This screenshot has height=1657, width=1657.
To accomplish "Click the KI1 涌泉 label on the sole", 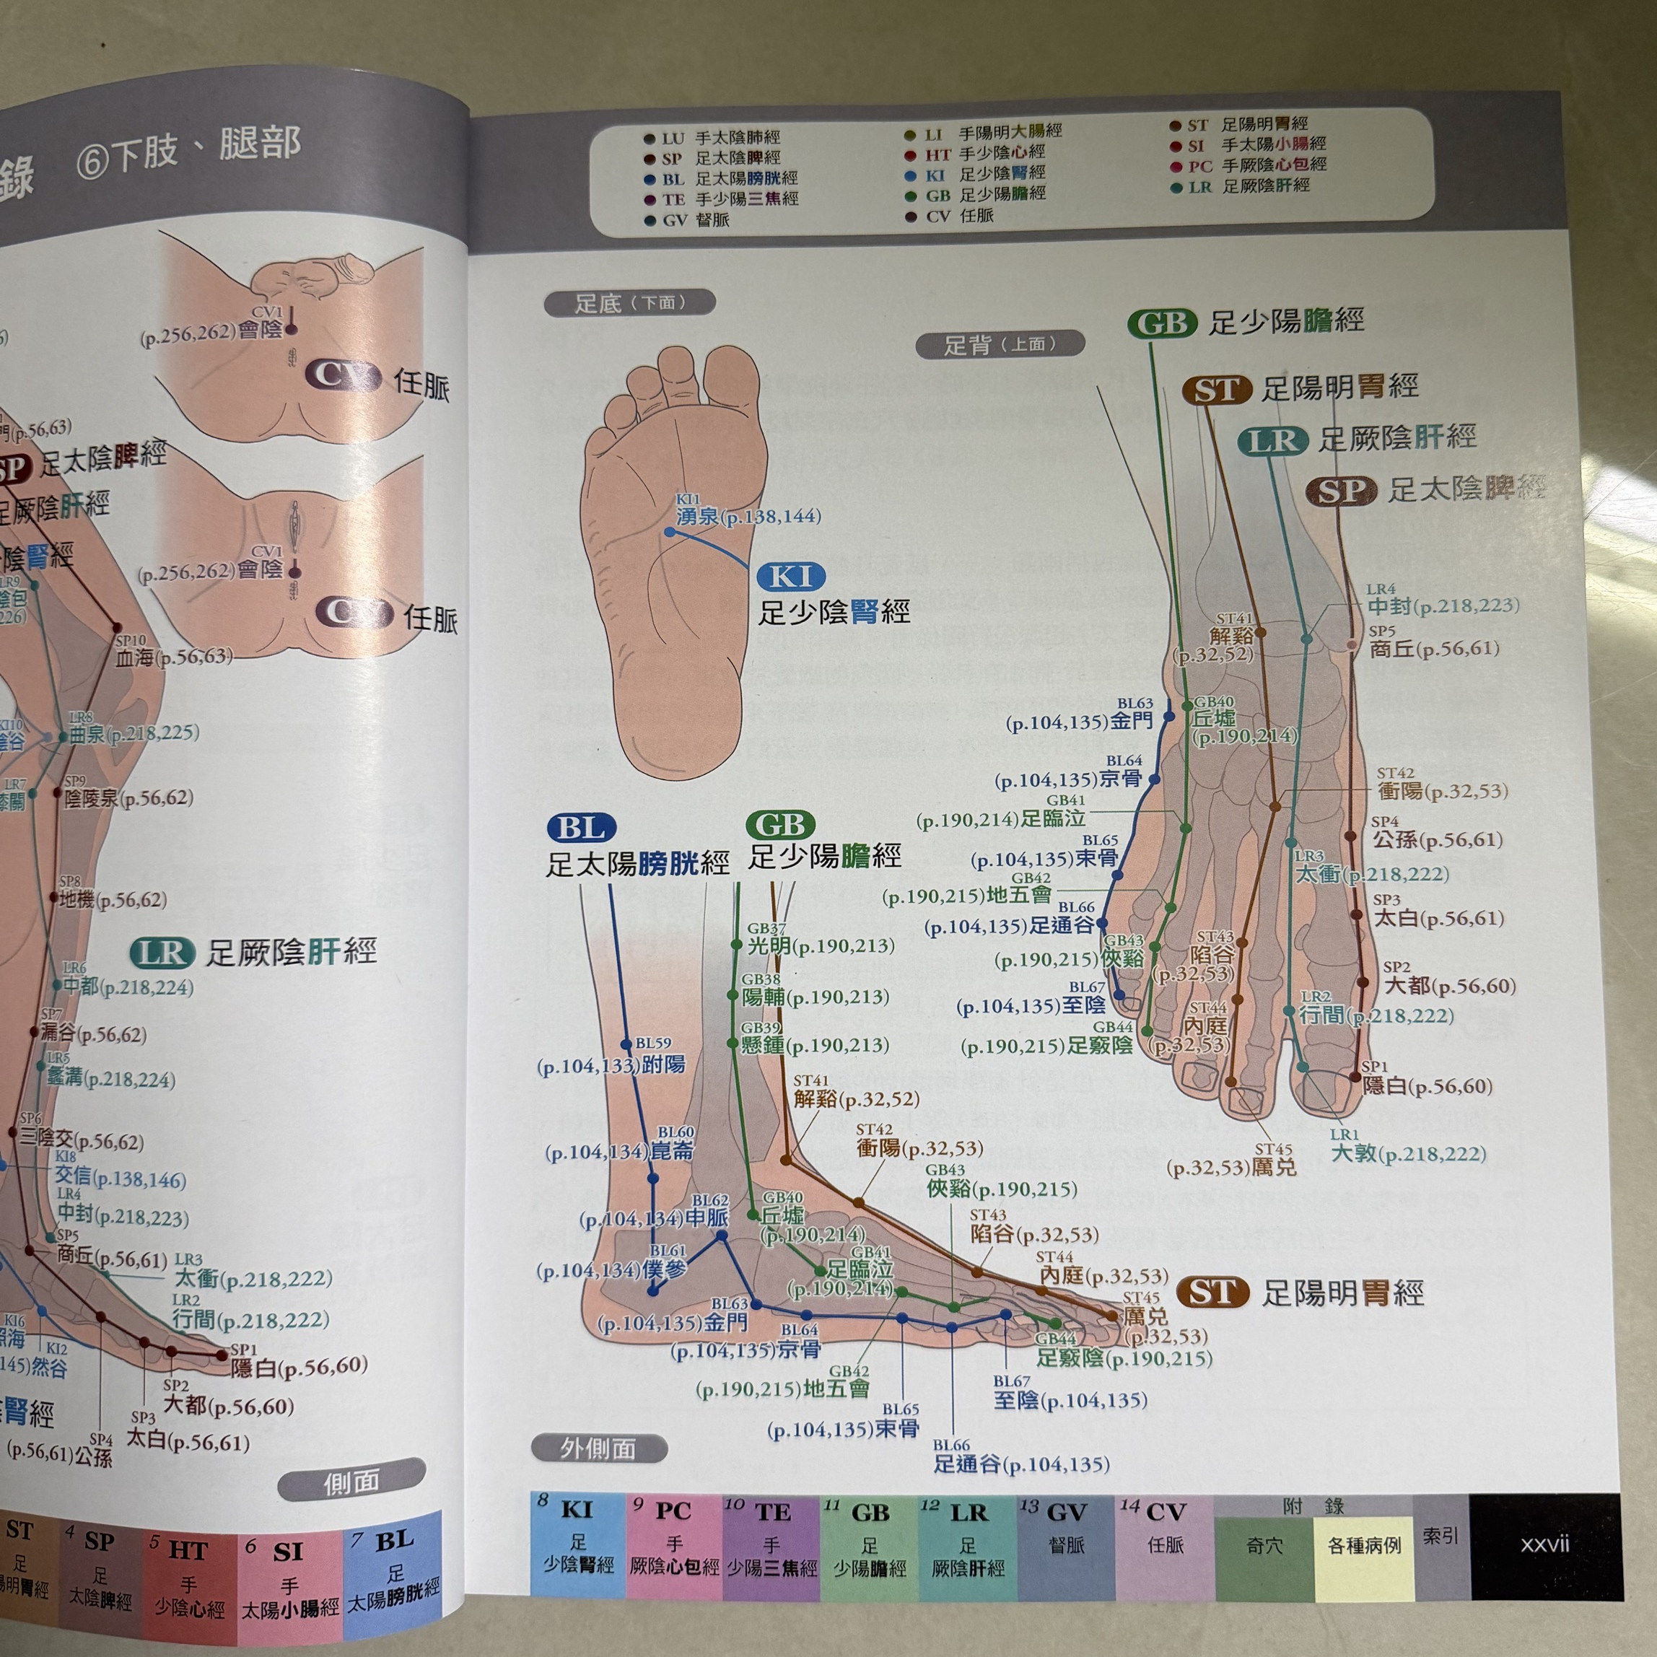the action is click(747, 515).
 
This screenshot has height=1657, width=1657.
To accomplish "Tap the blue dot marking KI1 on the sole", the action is click(670, 533).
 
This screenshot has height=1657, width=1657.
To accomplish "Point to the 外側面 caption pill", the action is click(598, 1448).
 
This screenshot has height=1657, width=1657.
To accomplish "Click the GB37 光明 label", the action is click(816, 945).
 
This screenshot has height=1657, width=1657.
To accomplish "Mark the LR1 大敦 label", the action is click(1407, 1153).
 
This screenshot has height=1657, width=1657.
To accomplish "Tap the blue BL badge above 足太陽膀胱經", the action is click(581, 828).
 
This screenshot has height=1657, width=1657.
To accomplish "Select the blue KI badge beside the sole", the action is click(790, 577).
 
